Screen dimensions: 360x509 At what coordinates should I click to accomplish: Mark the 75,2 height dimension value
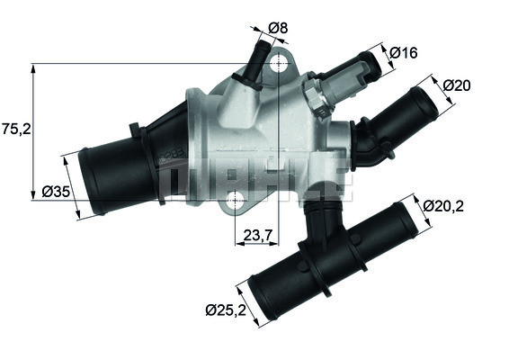point(16,129)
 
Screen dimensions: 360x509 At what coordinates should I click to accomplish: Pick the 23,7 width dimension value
point(258,236)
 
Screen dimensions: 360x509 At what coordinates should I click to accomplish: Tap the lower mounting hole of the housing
point(235,199)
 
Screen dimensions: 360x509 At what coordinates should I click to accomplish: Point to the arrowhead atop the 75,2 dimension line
point(33,67)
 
